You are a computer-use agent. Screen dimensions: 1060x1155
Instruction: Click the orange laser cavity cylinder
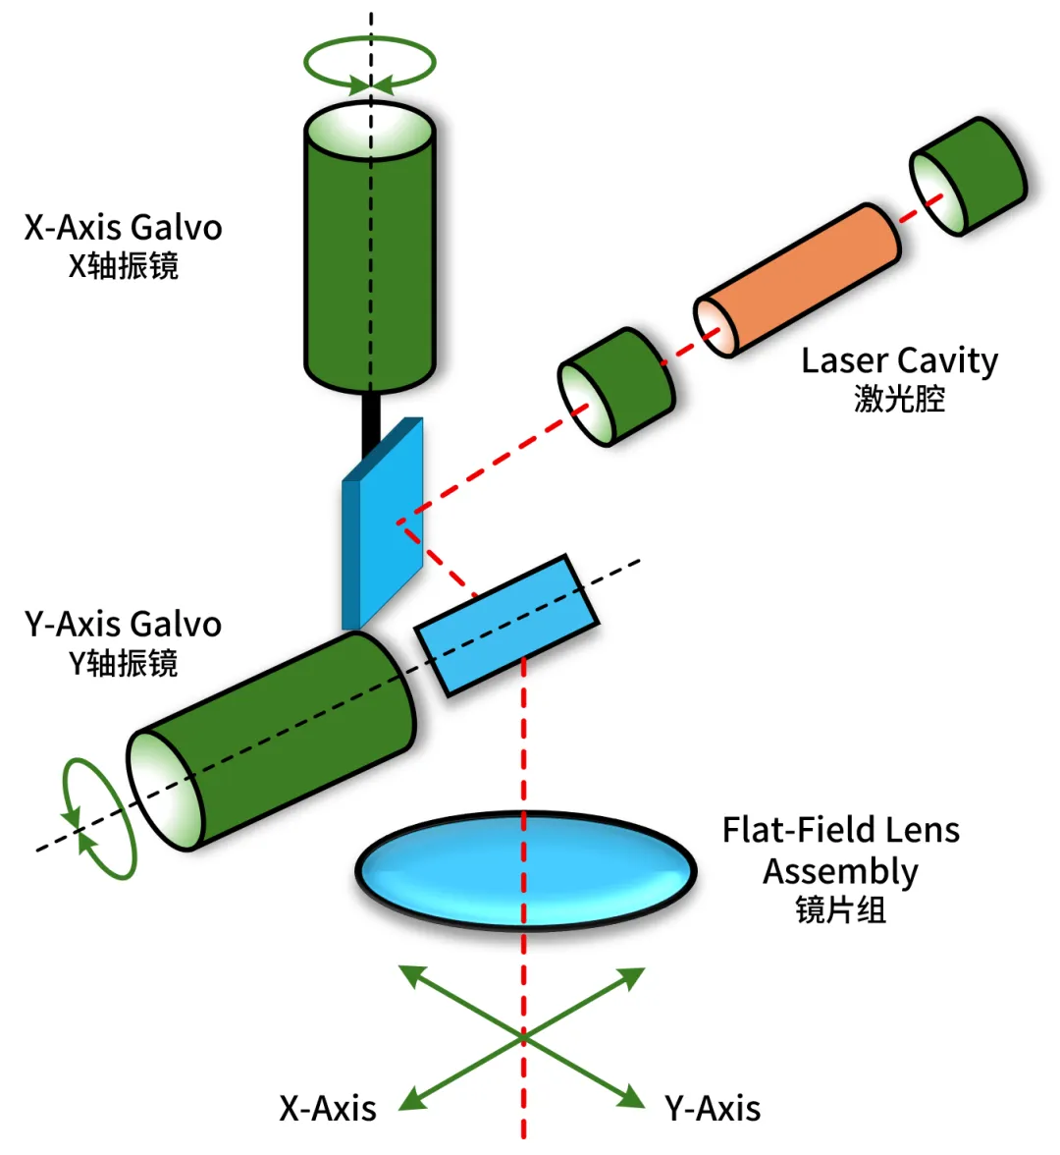coord(797,280)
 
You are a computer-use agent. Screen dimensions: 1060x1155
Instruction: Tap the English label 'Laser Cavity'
coord(899,361)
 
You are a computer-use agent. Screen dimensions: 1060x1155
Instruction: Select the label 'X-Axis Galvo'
coord(123,228)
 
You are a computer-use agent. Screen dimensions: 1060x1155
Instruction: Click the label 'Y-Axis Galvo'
coord(123,624)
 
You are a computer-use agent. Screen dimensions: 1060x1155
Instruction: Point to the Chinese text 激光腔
coord(899,399)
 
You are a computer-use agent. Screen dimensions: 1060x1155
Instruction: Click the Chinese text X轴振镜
coord(123,266)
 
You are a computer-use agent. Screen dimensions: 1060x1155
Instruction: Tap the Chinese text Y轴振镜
coord(123,663)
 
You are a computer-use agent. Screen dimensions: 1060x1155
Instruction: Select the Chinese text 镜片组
coord(840,910)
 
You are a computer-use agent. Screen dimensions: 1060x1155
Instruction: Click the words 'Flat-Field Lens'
coord(840,830)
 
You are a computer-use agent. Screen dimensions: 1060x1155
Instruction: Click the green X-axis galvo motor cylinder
coord(370,247)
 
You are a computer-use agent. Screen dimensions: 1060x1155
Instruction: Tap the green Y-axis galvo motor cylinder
coord(271,741)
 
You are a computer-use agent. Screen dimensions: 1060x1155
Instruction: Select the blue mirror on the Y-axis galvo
coord(507,625)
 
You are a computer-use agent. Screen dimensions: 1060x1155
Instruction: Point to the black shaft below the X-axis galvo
coord(371,423)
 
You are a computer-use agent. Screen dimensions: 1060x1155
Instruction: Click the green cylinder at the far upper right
coord(968,176)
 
